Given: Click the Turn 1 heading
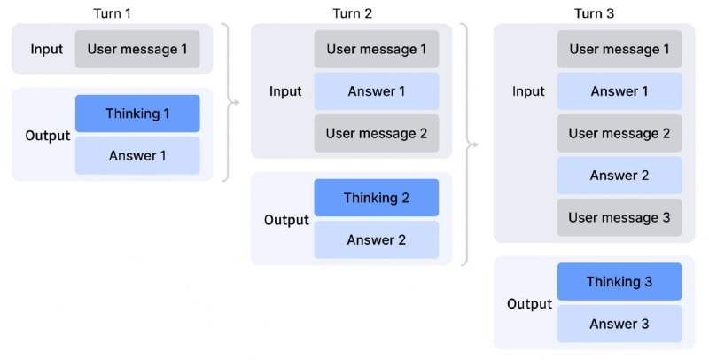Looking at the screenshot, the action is click(x=113, y=13).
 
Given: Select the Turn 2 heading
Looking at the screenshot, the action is click(x=352, y=13).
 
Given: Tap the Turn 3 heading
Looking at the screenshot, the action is click(x=594, y=13).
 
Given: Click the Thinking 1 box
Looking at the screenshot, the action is click(x=137, y=113).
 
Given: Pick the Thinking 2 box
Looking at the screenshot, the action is click(x=376, y=198).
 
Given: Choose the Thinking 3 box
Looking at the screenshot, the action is click(x=619, y=282).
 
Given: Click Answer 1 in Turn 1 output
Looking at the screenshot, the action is click(x=137, y=155).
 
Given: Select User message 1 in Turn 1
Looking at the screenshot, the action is click(x=137, y=50).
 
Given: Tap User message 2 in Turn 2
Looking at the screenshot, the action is click(x=376, y=133).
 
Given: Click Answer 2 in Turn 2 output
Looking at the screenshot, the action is click(x=376, y=239).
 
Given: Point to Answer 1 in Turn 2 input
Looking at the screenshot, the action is click(x=376, y=91).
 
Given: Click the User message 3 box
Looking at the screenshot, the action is click(x=619, y=217).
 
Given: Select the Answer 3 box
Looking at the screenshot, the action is click(x=619, y=324).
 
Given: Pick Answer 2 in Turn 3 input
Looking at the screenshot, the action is click(x=619, y=176).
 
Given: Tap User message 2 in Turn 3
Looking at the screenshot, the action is click(x=619, y=133).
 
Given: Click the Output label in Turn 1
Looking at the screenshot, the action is click(x=48, y=136).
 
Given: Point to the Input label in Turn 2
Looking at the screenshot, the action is click(x=285, y=91).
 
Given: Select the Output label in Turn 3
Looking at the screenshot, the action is click(x=529, y=304).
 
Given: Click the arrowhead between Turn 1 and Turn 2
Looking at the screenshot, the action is click(x=236, y=102).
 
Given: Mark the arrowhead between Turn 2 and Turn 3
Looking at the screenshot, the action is click(x=474, y=145).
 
